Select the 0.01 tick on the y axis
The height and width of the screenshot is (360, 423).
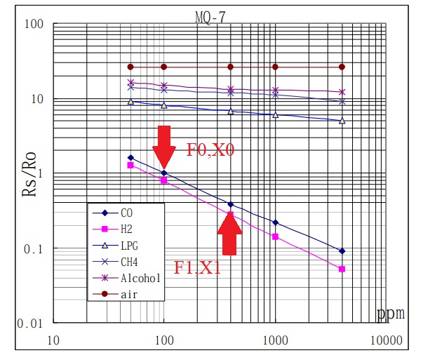click(31, 324)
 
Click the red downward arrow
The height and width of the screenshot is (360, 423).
click(163, 146)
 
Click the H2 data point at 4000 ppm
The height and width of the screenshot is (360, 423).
click(342, 269)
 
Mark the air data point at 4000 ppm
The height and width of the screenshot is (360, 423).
click(342, 67)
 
